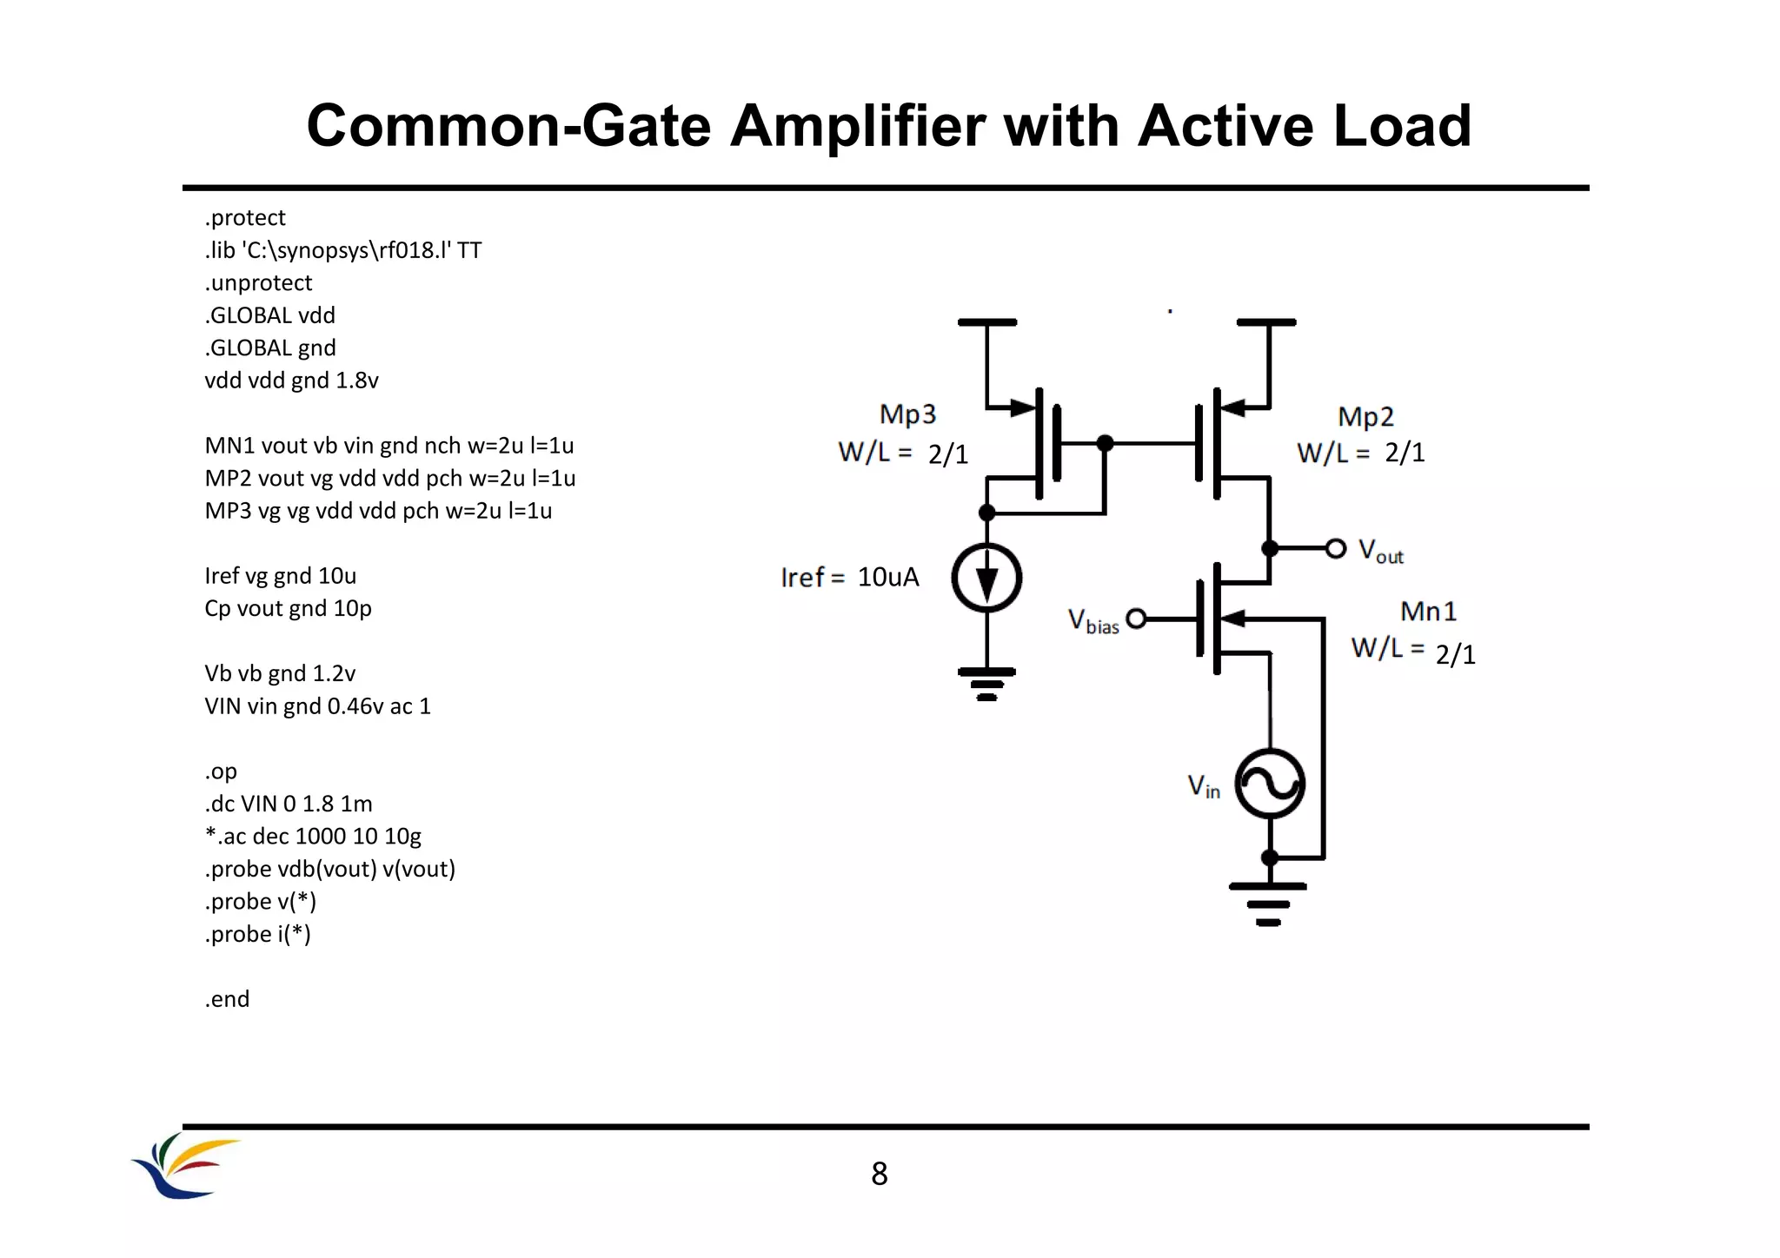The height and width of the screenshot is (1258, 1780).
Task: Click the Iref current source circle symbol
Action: tap(986, 578)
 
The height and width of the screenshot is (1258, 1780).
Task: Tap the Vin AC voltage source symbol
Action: tap(1270, 785)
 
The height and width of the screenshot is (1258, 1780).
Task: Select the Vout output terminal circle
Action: tap(1336, 548)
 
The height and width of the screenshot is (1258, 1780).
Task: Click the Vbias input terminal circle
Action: tap(1136, 619)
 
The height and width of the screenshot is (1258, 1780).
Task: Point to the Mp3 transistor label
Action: tap(907, 414)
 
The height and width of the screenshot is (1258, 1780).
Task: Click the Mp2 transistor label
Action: tap(1365, 417)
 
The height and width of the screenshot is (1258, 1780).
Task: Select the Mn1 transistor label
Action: tap(1428, 612)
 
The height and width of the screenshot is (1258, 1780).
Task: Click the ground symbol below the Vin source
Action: tap(1268, 904)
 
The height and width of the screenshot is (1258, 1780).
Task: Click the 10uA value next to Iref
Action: tap(887, 577)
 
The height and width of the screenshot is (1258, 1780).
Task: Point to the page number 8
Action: tap(879, 1175)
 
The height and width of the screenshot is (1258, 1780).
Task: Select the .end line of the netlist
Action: tap(227, 999)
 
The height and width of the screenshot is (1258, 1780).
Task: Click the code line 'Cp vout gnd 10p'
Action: tap(288, 608)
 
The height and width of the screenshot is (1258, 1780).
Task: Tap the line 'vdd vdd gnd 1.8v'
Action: tap(291, 381)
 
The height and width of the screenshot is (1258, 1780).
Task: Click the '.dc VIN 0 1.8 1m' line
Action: tap(288, 804)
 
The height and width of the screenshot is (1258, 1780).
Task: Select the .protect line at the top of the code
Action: tap(245, 217)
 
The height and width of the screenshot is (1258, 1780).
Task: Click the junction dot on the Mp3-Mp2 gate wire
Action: tap(1105, 443)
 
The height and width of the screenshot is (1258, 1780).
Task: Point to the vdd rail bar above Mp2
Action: tap(1265, 322)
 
